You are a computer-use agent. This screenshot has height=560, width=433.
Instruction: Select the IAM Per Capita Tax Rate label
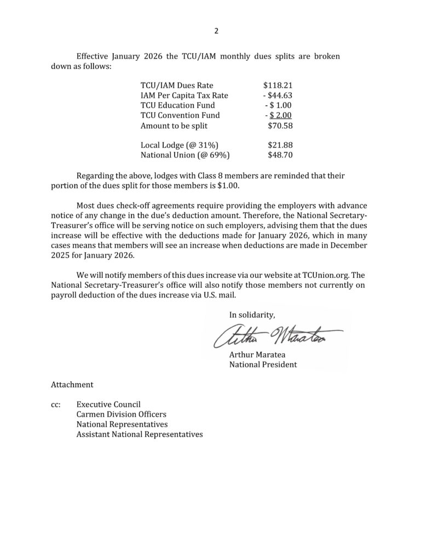click(x=184, y=95)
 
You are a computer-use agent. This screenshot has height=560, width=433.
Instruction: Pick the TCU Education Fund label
click(x=177, y=105)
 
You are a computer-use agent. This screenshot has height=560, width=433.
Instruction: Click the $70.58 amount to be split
click(x=280, y=125)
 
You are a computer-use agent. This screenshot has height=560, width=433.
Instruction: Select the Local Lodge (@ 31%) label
click(x=175, y=145)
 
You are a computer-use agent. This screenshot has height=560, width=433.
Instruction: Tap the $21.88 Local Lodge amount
click(x=280, y=145)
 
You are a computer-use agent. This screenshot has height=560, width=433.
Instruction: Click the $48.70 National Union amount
click(x=280, y=155)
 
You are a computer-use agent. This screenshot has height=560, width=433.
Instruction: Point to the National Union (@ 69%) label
click(x=184, y=155)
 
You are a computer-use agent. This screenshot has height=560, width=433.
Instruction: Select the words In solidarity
click(x=252, y=314)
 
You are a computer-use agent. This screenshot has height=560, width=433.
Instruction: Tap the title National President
click(x=263, y=364)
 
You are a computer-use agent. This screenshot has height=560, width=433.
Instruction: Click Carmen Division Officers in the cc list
click(x=122, y=415)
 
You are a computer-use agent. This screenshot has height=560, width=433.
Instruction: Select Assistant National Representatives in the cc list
click(x=140, y=435)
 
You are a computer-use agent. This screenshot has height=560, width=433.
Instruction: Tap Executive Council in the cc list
click(x=109, y=405)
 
